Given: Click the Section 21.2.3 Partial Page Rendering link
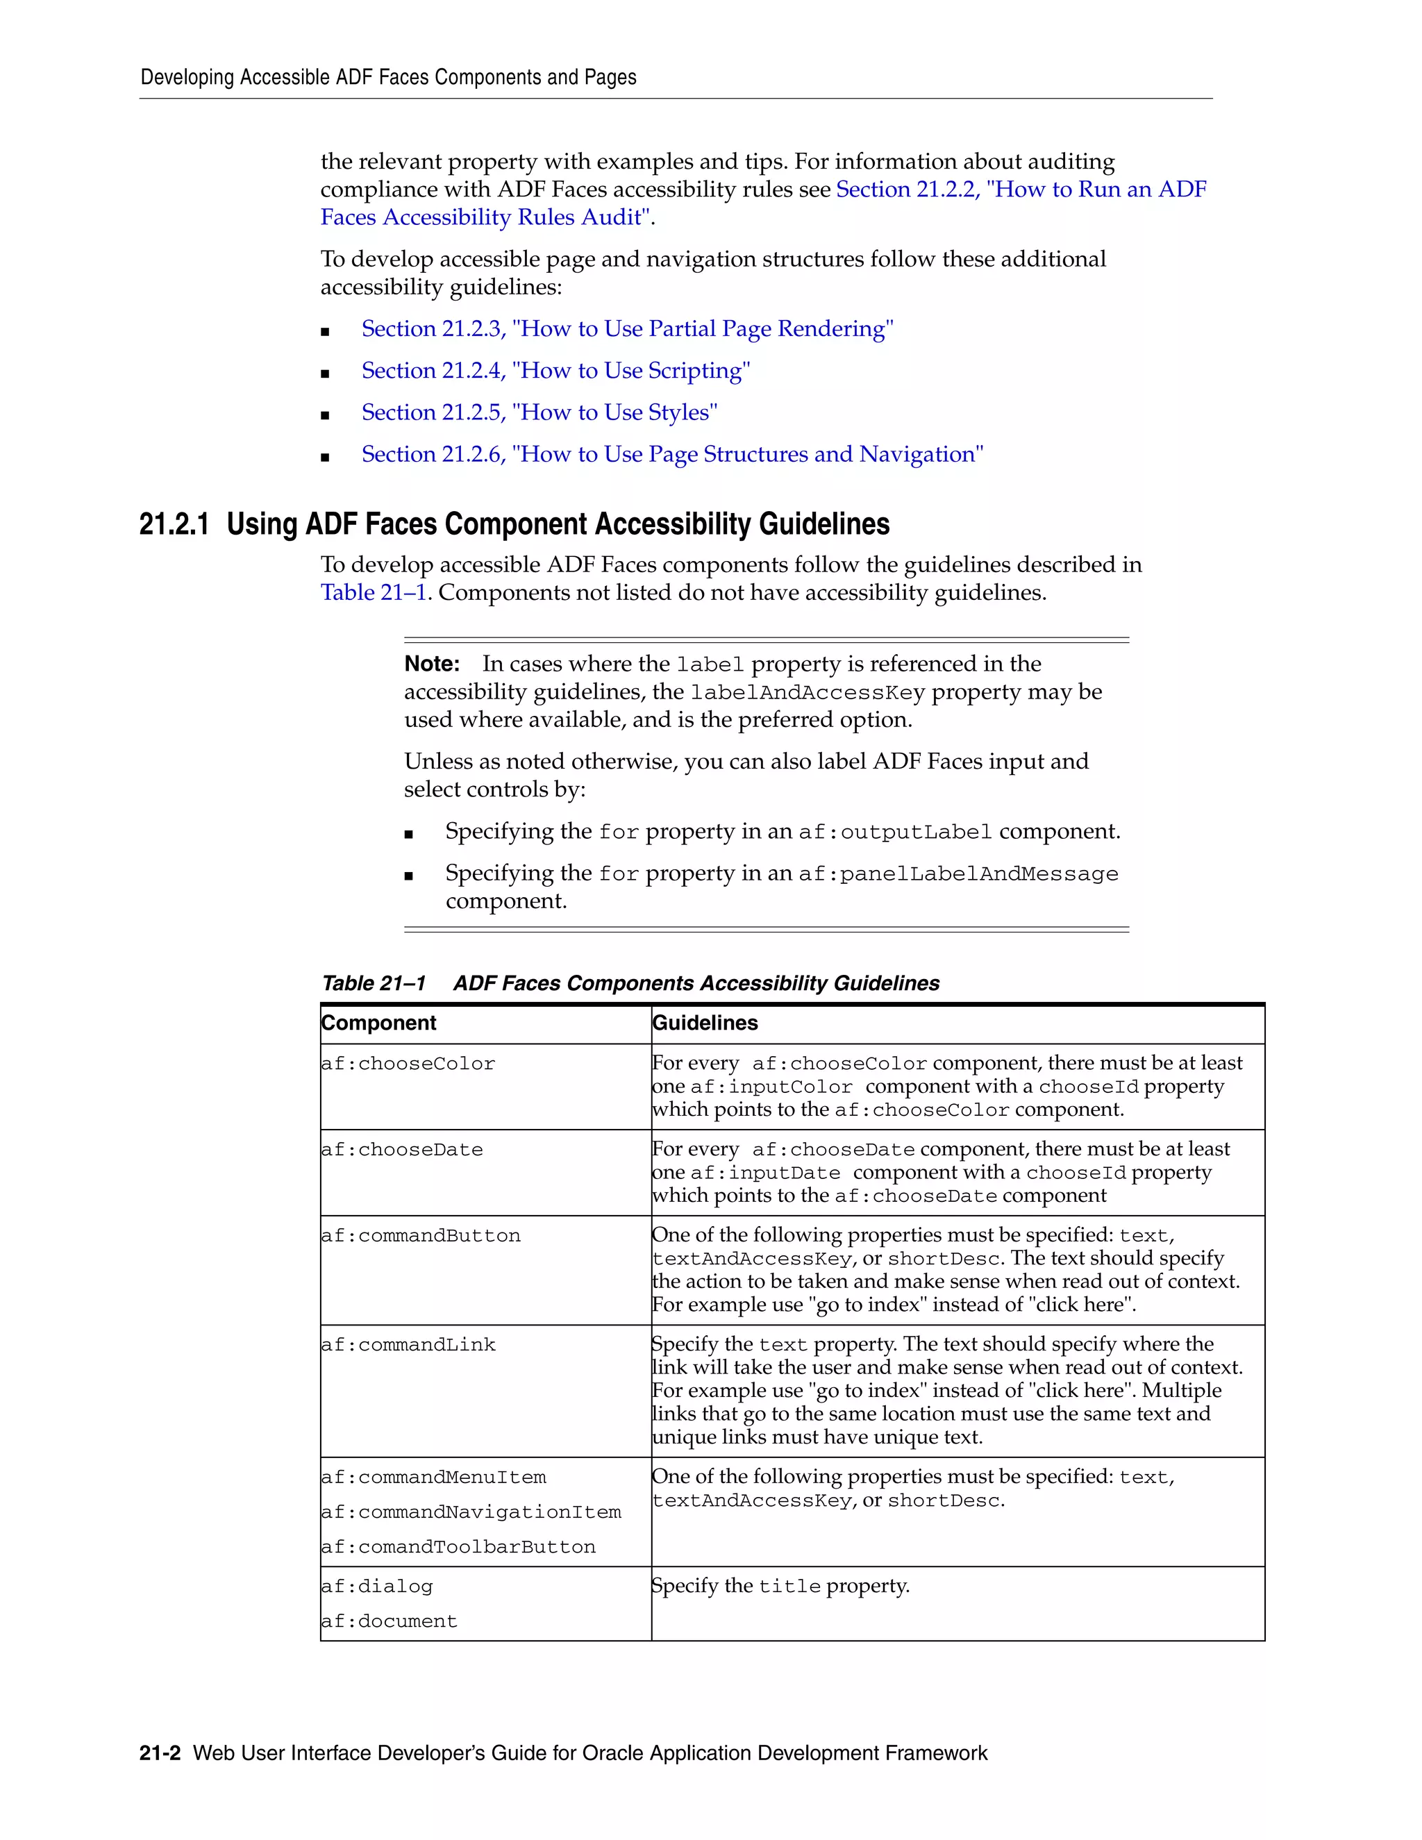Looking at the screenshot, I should point(627,328).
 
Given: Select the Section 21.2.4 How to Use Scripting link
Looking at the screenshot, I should point(555,371).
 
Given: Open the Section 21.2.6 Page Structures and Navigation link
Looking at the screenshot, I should point(671,454).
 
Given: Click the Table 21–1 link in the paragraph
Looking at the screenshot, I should point(373,592).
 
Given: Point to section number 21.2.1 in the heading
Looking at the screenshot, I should point(174,524).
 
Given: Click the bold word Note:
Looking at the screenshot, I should point(431,664).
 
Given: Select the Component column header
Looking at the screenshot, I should point(378,1023).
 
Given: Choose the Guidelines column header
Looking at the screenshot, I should point(705,1023).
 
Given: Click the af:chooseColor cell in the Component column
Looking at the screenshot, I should point(408,1064).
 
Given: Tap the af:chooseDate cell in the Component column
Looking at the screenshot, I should point(402,1150).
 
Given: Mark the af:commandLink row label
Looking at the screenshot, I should point(408,1346).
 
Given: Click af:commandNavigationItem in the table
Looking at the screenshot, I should point(471,1512).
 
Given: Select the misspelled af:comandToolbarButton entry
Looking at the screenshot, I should point(458,1548).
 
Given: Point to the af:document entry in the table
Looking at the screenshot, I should point(390,1622).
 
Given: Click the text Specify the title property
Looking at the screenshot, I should point(780,1587).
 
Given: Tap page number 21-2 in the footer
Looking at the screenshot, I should point(160,1753).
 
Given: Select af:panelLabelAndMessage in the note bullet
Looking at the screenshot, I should point(957,873).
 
